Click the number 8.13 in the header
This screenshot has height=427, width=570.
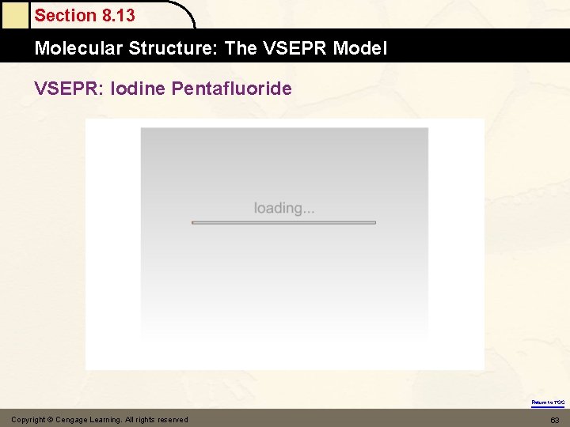point(118,15)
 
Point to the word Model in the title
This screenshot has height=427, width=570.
point(360,48)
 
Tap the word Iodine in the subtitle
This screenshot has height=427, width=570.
point(138,88)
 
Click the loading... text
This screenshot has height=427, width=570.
point(284,208)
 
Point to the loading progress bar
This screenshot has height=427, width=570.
point(283,223)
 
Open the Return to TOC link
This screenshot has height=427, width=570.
point(548,402)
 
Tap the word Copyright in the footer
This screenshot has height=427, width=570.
point(29,419)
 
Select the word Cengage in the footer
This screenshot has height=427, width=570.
point(74,419)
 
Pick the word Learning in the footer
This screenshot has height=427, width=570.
point(107,419)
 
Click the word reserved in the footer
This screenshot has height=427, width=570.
point(172,419)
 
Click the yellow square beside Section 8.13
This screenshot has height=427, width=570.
point(14,14)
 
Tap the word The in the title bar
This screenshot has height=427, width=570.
point(241,48)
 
